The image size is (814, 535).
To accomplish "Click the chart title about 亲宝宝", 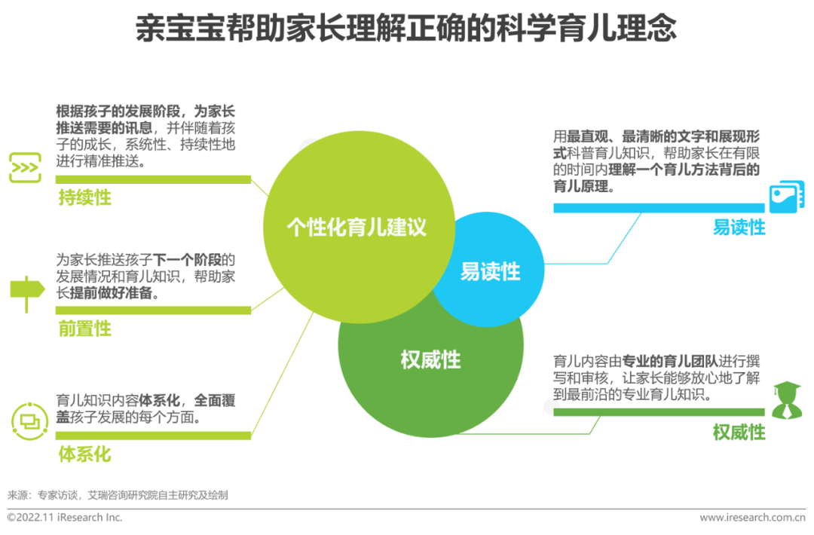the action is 406,28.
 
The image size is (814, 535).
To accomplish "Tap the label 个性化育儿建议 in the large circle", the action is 357,228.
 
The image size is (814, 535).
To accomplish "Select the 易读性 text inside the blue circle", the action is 490,271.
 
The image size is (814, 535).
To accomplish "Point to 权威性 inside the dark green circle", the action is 430,359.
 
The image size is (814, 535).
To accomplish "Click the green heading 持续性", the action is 84,197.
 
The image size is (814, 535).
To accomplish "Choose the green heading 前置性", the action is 84,329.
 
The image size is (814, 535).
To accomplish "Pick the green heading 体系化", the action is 84,454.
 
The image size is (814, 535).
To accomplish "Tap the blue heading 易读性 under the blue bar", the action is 739,228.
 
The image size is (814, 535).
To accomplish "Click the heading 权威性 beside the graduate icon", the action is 739,432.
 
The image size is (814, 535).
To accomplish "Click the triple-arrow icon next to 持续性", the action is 25,167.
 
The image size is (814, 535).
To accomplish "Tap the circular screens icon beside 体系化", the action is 29,421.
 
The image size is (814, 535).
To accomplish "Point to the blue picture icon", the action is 786,197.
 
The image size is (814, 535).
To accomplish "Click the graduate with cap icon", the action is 787,400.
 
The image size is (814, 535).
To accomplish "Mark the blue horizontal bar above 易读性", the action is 659,208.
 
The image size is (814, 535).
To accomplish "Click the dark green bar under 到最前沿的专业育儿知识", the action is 659,412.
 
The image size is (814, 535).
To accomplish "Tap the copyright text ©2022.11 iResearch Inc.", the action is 65,518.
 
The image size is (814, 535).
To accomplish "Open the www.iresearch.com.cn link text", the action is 753,518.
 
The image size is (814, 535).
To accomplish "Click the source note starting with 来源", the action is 118,495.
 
